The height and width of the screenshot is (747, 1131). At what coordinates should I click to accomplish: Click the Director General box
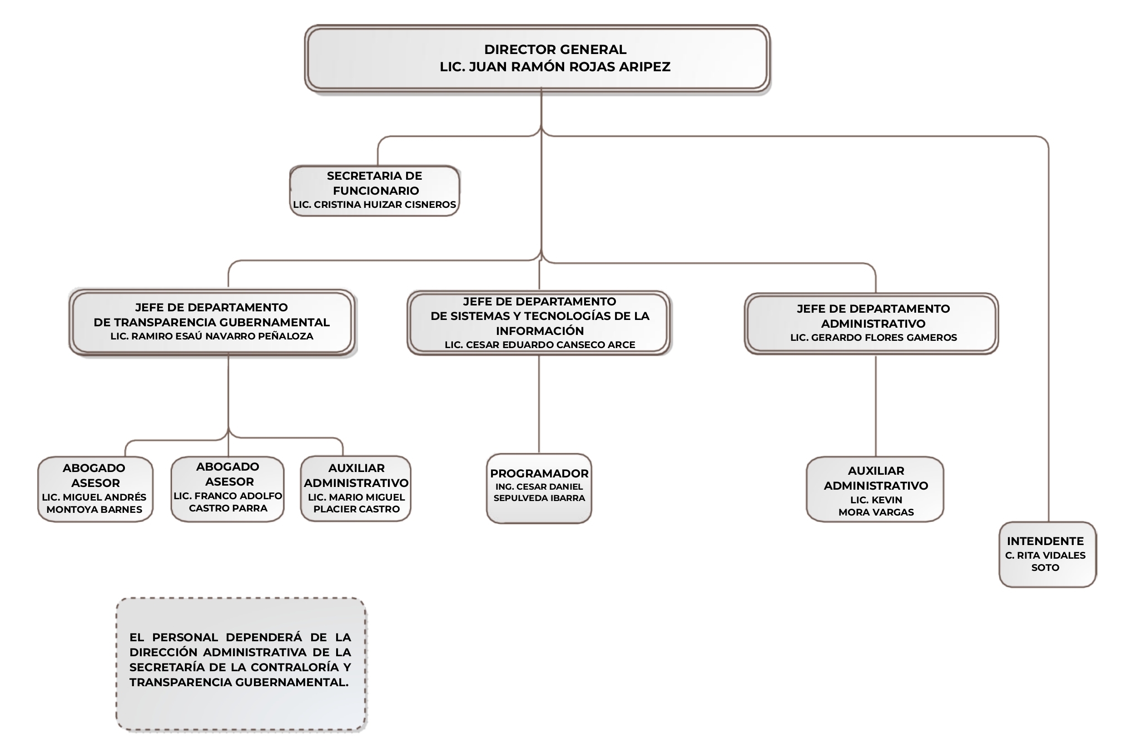tap(537, 58)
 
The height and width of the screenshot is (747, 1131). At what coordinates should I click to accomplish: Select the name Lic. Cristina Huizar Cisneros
tap(374, 205)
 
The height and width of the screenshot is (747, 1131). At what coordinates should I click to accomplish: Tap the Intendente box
tap(1047, 554)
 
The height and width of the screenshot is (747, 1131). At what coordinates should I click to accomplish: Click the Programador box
tap(539, 488)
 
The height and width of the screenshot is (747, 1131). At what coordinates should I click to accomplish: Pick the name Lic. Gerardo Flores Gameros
tap(873, 338)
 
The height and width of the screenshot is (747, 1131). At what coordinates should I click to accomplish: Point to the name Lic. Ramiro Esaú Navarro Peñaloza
tap(212, 336)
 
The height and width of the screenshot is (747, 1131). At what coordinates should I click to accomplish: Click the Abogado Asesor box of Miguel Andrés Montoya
tap(95, 489)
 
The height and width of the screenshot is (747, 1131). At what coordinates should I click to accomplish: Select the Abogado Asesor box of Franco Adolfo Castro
tap(228, 489)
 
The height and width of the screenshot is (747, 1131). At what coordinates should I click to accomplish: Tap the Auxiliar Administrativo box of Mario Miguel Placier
tap(356, 488)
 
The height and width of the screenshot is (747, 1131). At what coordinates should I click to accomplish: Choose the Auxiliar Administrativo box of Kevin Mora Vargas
tap(875, 489)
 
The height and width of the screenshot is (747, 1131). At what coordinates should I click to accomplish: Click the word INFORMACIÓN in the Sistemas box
tap(539, 331)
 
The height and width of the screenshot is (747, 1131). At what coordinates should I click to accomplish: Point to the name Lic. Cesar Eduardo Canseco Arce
tap(539, 345)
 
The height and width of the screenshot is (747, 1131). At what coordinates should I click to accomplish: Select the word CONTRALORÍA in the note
tap(295, 668)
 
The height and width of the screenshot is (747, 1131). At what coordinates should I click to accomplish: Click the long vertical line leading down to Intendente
tap(1048, 334)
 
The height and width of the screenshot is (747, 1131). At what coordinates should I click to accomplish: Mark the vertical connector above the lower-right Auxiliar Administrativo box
tap(875, 405)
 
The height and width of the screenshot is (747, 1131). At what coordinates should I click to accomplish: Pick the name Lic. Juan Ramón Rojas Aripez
tap(555, 67)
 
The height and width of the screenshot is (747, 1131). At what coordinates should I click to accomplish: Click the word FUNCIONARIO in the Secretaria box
tap(376, 191)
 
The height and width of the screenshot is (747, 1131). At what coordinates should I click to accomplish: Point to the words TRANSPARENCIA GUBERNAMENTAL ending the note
tap(238, 683)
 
